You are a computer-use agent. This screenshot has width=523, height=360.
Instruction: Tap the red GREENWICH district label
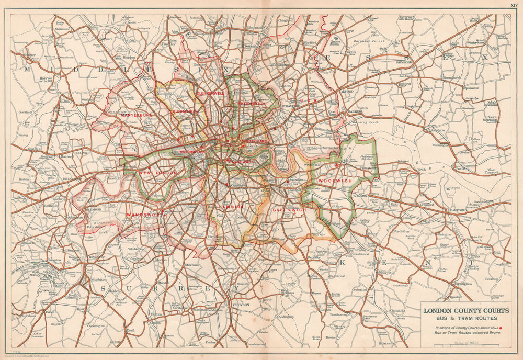tap(289, 209)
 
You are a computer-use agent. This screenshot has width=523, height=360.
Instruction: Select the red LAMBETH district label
tap(231, 207)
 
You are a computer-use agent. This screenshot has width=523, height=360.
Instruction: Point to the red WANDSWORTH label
tap(146, 215)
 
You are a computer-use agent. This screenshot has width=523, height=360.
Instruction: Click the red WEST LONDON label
tap(158, 172)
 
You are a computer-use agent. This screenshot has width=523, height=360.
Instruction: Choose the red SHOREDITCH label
tap(251, 104)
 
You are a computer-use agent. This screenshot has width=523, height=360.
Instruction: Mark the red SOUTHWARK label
tap(240, 162)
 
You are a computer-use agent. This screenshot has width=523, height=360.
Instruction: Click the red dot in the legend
tap(501, 329)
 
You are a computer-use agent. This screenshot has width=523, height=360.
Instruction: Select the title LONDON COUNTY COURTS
tap(466, 311)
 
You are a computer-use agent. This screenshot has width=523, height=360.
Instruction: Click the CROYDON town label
tap(241, 304)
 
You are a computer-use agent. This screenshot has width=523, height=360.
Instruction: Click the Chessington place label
tap(95, 325)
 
